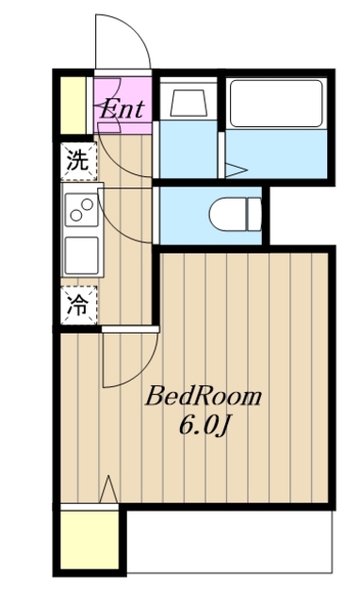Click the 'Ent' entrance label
coord(123,108)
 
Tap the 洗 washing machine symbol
coord(77,160)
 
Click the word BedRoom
coord(203,397)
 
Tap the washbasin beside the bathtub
coord(188,104)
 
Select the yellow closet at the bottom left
coord(90,541)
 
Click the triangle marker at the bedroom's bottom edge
coord(109,491)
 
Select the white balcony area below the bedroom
coord(231,542)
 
